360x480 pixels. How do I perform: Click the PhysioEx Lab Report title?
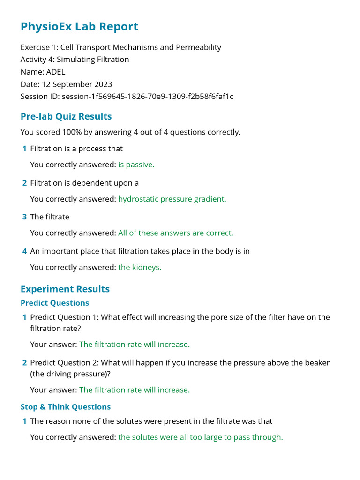tap(79, 27)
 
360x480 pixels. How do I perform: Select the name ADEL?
tap(56, 72)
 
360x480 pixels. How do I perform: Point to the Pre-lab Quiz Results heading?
tap(66, 116)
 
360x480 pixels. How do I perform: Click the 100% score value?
tap(72, 132)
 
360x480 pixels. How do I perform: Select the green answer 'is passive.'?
tap(136, 165)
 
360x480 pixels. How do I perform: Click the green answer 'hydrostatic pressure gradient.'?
tap(172, 199)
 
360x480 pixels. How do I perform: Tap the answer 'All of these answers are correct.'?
tap(175, 233)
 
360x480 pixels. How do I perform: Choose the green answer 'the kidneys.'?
tap(140, 267)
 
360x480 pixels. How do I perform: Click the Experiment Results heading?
tap(65, 289)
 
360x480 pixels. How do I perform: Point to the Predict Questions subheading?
tap(55, 303)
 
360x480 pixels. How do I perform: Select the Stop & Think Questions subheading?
tap(66, 407)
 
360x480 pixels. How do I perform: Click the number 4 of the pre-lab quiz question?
tap(24, 251)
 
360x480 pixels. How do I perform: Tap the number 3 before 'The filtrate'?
tap(24, 217)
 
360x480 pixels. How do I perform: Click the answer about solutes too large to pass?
tap(201, 437)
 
